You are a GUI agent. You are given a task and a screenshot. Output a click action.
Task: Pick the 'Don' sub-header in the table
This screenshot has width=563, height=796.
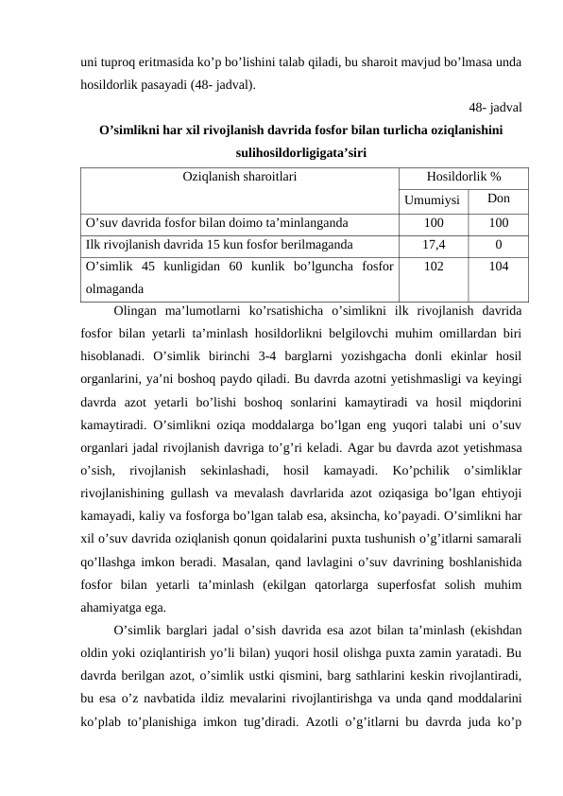click(x=499, y=199)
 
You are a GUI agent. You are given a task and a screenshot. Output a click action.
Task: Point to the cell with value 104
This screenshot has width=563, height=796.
click(x=499, y=267)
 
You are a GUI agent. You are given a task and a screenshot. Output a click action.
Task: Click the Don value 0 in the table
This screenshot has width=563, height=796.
click(x=499, y=245)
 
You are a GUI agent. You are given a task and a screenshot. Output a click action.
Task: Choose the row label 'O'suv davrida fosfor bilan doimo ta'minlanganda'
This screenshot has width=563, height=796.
click(x=216, y=224)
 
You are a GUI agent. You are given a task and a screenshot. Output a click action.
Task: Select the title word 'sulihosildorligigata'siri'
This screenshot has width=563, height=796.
click(x=299, y=153)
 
